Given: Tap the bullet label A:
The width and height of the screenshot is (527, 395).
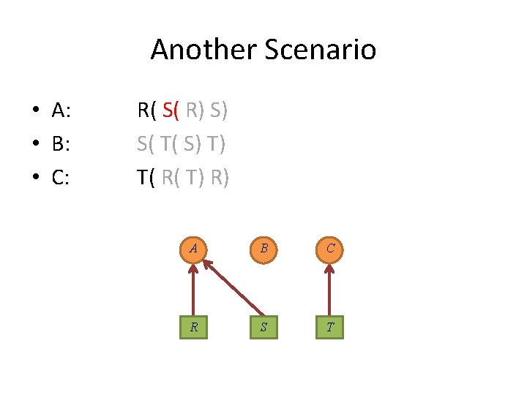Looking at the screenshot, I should [x=61, y=111].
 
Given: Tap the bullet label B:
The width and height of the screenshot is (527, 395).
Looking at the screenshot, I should [x=61, y=144].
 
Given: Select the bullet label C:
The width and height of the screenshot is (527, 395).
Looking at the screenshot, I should [x=61, y=177].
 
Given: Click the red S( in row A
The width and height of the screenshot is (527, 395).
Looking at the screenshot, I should [x=171, y=111].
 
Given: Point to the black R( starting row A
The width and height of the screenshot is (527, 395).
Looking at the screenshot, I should [x=146, y=111].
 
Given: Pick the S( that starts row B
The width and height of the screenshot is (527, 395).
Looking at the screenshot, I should [x=145, y=144].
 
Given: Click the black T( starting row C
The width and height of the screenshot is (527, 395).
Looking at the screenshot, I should [x=146, y=177].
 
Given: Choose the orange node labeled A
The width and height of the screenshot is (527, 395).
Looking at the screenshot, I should [x=193, y=248].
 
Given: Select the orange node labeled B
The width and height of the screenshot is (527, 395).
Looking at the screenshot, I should [x=263, y=248].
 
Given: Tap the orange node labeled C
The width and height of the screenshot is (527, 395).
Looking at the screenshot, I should [x=330, y=248].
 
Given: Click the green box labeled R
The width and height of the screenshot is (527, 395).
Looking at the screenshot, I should [x=194, y=327].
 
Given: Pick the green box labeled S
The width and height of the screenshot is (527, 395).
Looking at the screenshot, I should [x=263, y=327].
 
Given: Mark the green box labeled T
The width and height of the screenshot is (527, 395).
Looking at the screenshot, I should [x=330, y=327].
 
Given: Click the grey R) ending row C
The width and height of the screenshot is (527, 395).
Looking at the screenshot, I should [x=218, y=177].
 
